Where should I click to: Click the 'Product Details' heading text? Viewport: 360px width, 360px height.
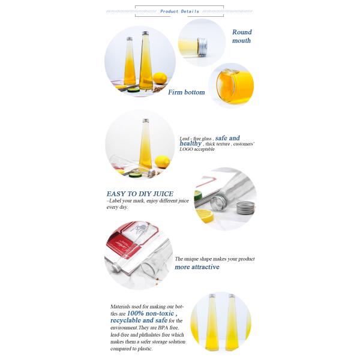pyautogui.click(x=179, y=11)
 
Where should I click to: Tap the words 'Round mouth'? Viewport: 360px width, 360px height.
pyautogui.click(x=242, y=36)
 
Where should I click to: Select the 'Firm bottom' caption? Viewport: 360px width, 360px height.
pyautogui.click(x=187, y=92)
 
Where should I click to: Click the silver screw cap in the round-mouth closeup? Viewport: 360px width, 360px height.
pyautogui.click(x=202, y=47)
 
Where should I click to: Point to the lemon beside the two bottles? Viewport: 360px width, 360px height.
pyautogui.click(x=160, y=78)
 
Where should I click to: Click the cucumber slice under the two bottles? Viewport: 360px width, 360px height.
pyautogui.click(x=133, y=90)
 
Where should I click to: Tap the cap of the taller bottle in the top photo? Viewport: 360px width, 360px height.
pyautogui.click(x=145, y=33)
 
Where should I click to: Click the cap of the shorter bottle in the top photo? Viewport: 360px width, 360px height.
pyautogui.click(x=130, y=39)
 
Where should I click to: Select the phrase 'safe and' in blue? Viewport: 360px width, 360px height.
pyautogui.click(x=227, y=138)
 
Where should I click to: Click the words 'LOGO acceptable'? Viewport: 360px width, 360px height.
pyautogui.click(x=197, y=149)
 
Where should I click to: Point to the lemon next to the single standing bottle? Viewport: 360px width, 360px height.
pyautogui.click(x=163, y=162)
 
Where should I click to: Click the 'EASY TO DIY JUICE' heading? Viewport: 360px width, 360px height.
pyautogui.click(x=140, y=194)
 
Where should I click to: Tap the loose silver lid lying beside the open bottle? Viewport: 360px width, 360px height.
pyautogui.click(x=245, y=208)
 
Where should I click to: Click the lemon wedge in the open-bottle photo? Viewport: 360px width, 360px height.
pyautogui.click(x=205, y=216)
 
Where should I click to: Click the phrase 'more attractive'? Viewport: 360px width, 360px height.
pyautogui.click(x=197, y=267)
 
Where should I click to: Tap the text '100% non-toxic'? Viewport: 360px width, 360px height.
pyautogui.click(x=151, y=313)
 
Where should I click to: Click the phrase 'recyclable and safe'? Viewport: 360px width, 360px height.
pyautogui.click(x=139, y=320)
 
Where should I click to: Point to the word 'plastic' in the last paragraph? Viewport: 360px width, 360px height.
pyautogui.click(x=145, y=349)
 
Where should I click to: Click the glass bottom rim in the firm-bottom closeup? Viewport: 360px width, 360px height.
pyautogui.click(x=226, y=86)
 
